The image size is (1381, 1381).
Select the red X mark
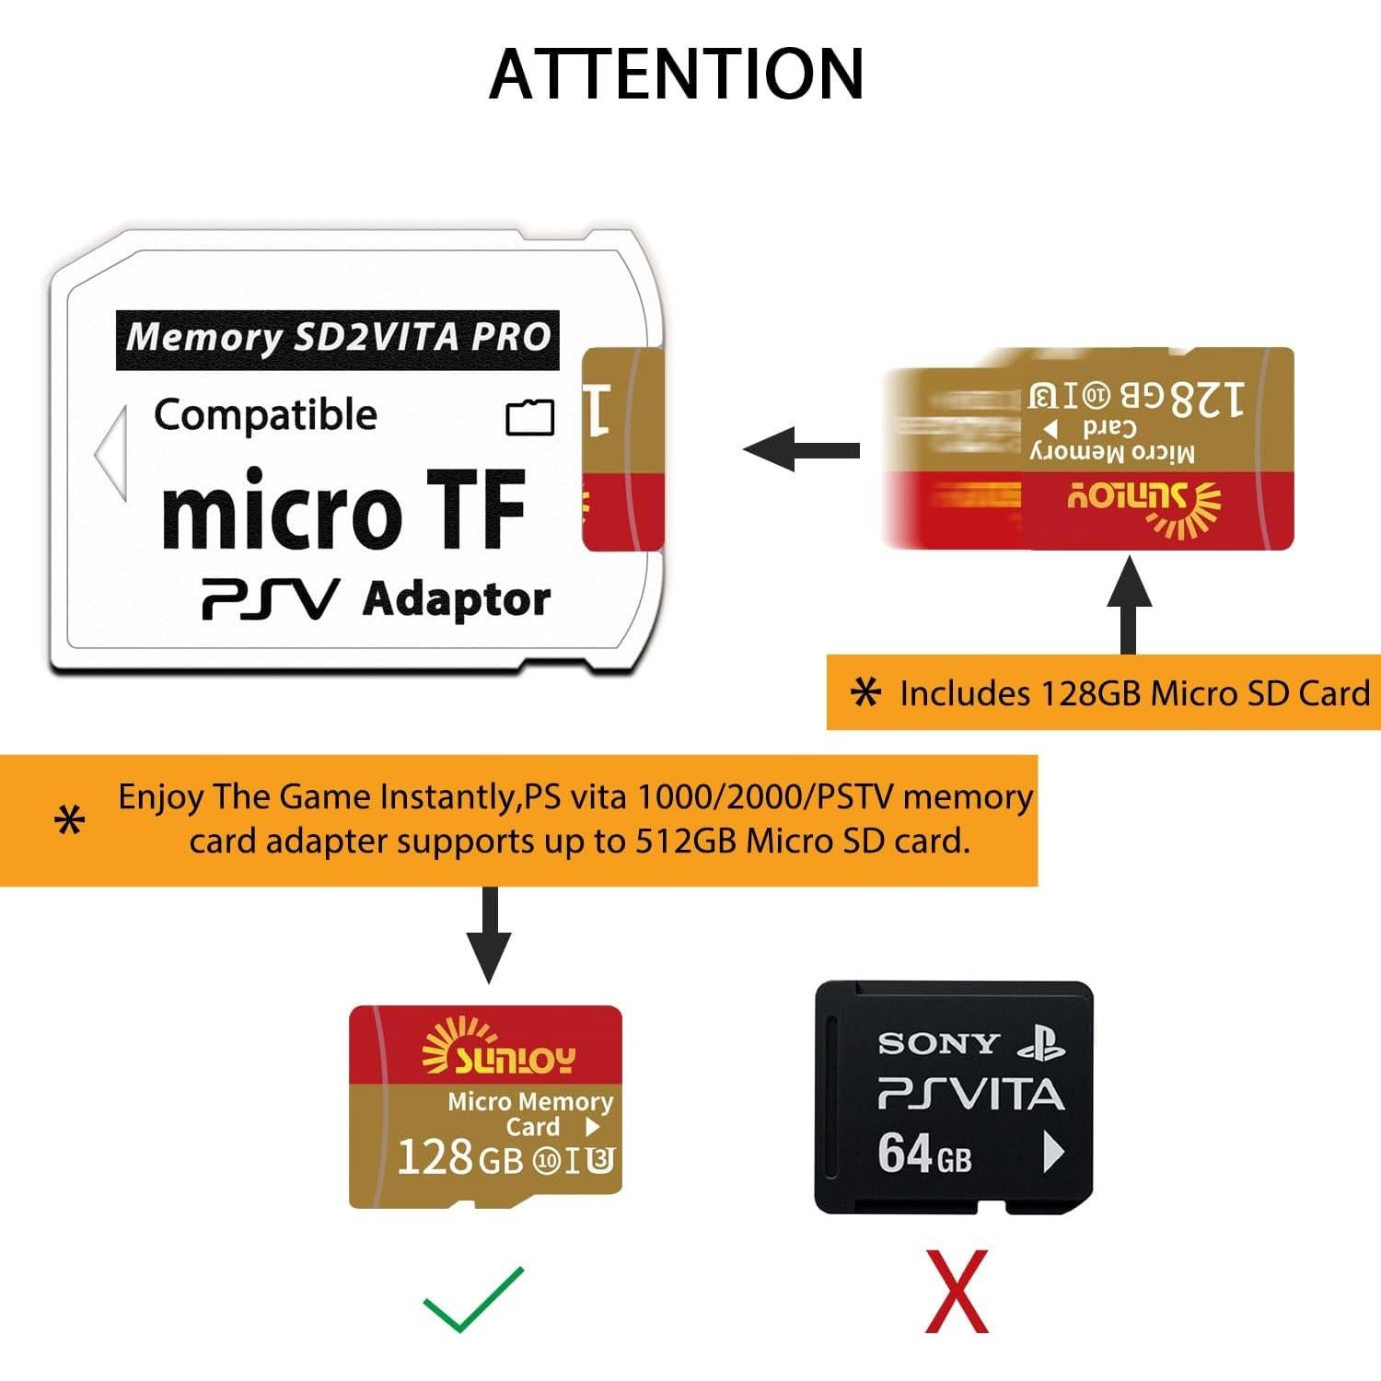[957, 1291]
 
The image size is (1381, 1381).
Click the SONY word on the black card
[938, 1043]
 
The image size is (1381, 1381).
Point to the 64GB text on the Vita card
[923, 1153]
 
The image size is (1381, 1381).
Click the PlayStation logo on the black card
[1040, 1043]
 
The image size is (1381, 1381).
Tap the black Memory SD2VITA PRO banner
[338, 339]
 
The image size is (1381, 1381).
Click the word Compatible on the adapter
[265, 415]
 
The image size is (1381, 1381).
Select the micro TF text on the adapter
[343, 510]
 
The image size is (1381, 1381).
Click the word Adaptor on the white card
[457, 599]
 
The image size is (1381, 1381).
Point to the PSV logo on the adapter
[270, 599]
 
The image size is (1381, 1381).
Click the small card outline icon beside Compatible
[530, 417]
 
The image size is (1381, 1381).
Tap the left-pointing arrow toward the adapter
[801, 449]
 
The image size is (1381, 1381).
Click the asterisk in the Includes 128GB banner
[865, 692]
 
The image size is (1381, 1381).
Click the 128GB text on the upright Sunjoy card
[460, 1157]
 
